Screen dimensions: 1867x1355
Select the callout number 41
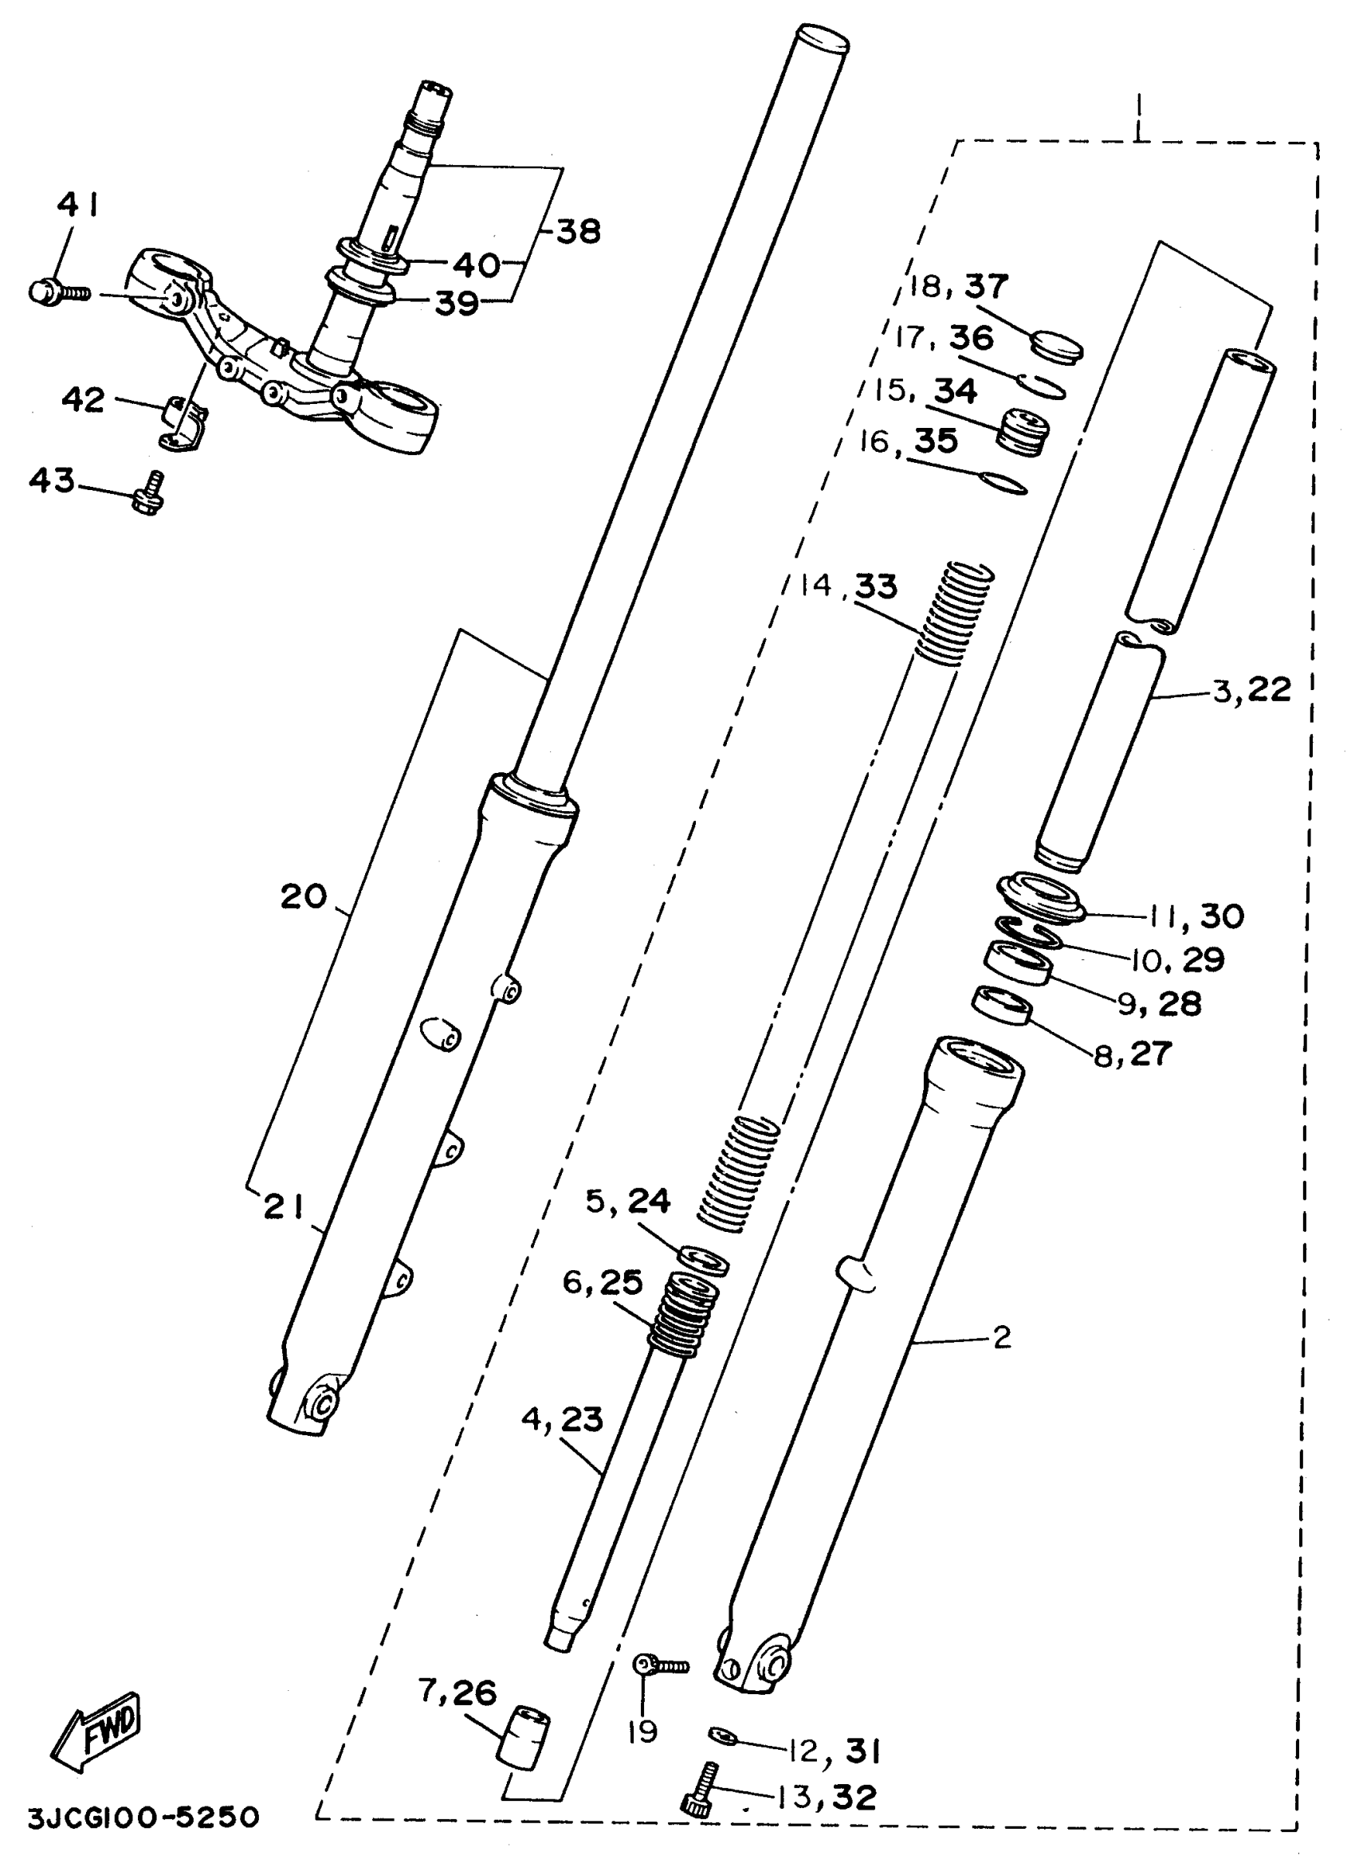(x=78, y=205)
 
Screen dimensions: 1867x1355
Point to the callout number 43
(x=52, y=480)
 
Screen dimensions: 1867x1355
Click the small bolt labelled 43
(x=149, y=495)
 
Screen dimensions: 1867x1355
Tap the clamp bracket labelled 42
(x=183, y=420)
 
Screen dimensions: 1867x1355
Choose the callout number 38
(x=579, y=231)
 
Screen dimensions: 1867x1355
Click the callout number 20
(x=304, y=896)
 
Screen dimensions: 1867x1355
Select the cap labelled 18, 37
(x=1058, y=344)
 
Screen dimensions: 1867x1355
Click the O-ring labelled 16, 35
(x=1004, y=484)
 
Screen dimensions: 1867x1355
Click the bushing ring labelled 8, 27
(x=1003, y=1006)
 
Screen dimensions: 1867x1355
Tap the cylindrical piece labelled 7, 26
(x=524, y=1736)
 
